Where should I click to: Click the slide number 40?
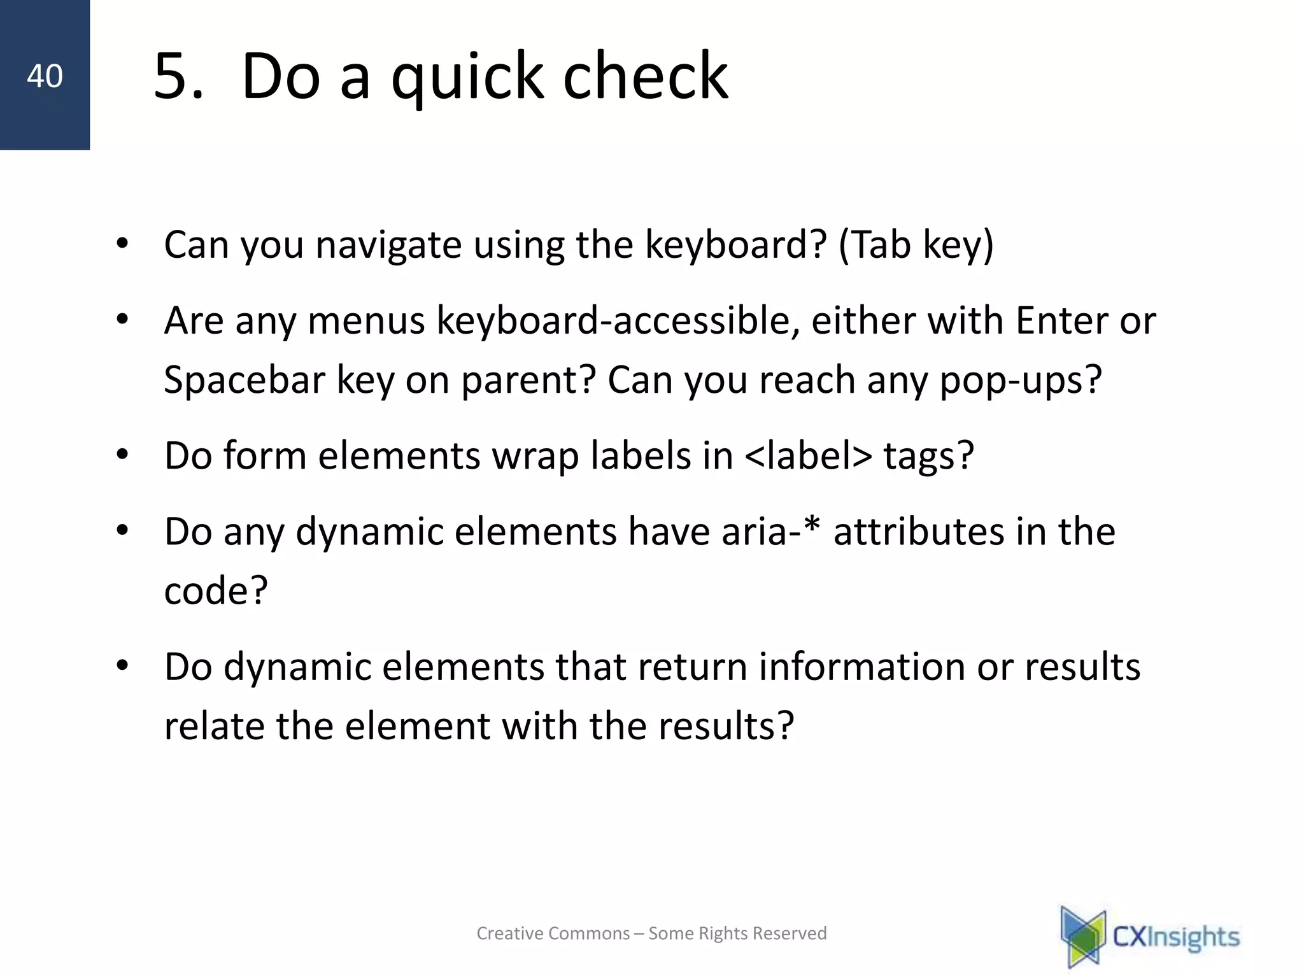click(45, 76)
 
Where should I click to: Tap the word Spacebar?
click(244, 380)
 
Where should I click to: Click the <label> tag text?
click(807, 456)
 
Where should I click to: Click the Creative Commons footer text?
click(651, 933)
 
